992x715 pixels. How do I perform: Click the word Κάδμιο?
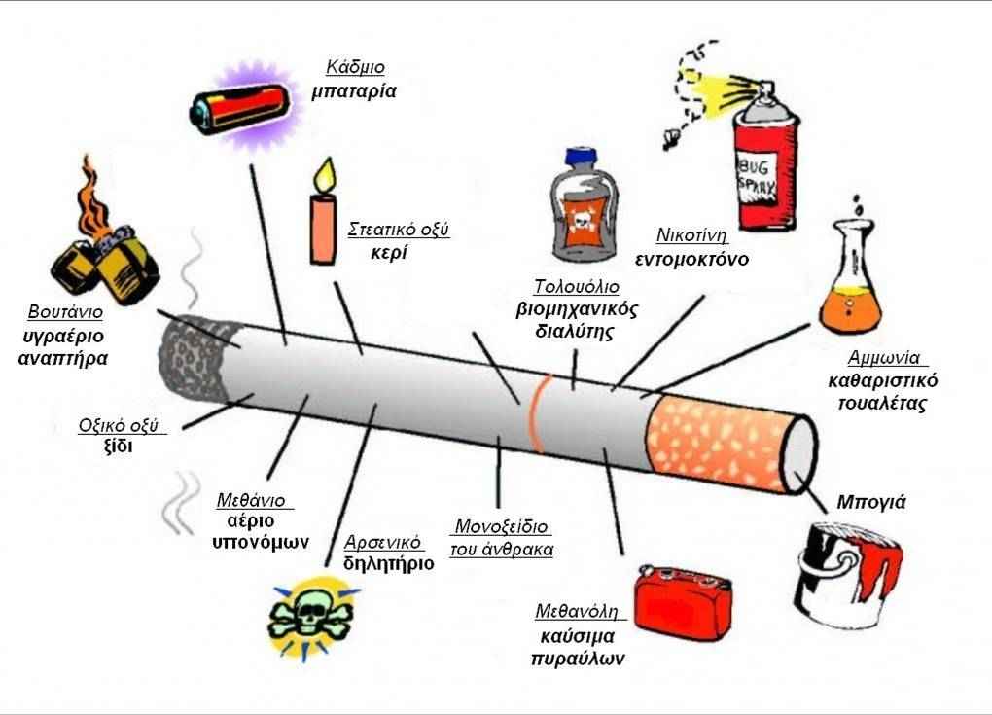(355, 68)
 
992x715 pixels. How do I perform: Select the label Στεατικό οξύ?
(399, 231)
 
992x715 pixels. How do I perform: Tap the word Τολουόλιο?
(576, 287)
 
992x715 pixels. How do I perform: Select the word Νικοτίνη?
(692, 234)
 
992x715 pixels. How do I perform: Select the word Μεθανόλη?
(578, 612)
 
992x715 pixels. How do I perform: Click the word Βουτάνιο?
(65, 313)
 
